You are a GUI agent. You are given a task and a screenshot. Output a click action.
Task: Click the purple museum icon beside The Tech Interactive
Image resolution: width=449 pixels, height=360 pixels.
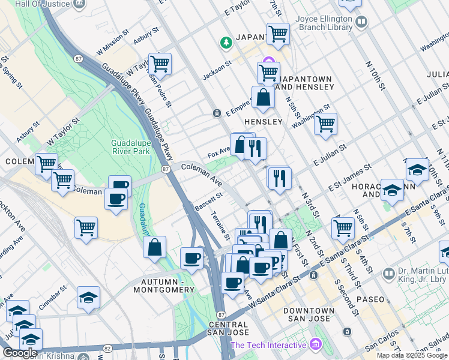315,344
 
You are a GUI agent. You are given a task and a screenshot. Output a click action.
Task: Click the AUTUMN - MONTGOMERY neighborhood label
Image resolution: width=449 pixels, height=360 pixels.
167,286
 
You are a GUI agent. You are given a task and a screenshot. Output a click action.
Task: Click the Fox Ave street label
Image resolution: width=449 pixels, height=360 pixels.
219,151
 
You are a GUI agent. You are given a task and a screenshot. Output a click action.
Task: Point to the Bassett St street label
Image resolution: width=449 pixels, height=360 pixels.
209,202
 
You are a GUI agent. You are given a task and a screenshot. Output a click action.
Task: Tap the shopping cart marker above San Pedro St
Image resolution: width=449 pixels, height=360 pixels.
160,63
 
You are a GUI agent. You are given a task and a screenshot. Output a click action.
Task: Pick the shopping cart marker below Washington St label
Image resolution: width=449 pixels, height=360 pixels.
325,124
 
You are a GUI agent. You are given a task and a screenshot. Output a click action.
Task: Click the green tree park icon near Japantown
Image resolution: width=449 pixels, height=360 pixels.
226,43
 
